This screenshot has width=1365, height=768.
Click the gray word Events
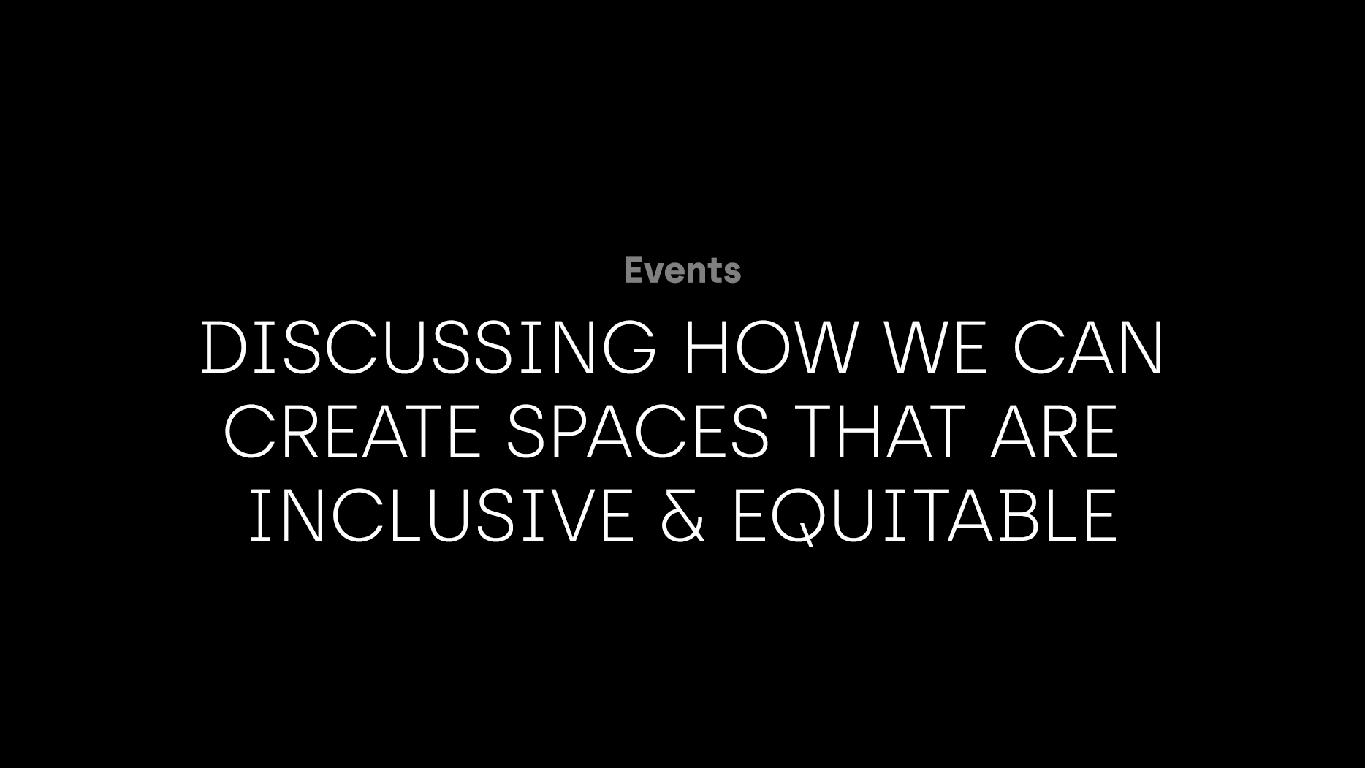coord(682,270)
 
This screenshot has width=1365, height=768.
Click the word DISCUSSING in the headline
coord(429,348)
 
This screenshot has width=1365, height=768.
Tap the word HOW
coord(769,348)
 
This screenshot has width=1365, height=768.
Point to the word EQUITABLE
coord(924,516)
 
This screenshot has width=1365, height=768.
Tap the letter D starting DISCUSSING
coord(225,348)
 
